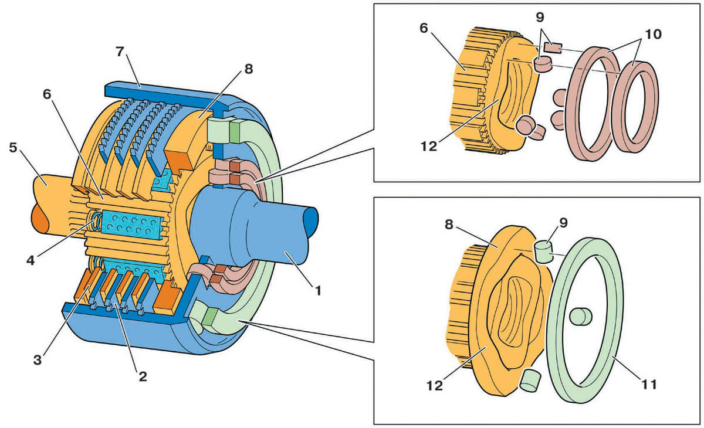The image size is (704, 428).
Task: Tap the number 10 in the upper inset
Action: [652, 34]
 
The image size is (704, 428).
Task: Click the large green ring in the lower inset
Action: [610, 276]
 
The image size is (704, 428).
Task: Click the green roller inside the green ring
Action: [580, 317]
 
